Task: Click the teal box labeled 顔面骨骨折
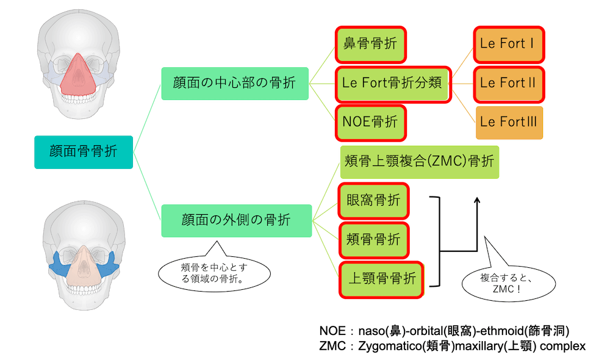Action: [84, 152]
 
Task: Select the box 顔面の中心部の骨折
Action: [235, 83]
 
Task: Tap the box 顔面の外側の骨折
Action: [237, 221]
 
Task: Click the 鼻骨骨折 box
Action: [370, 45]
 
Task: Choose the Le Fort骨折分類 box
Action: [393, 84]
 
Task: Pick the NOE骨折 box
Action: [370, 123]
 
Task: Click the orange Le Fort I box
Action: [509, 45]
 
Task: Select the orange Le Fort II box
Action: [509, 84]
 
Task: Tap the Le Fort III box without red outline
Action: [509, 123]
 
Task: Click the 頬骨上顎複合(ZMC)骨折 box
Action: [420, 162]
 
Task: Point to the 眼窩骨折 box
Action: [373, 201]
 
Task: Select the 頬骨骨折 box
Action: [373, 240]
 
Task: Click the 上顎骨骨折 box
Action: [381, 279]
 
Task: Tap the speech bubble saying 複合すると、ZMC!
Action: [508, 283]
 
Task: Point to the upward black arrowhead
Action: [477, 200]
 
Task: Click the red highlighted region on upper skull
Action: [78, 78]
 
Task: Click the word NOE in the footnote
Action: [332, 331]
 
